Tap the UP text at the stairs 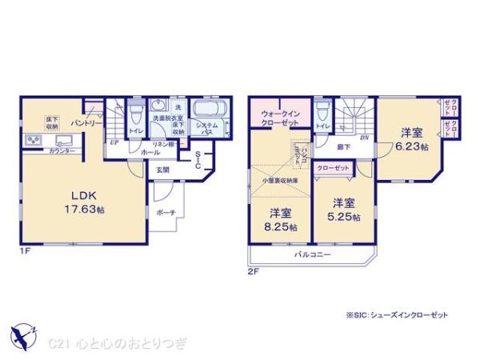tap(114, 143)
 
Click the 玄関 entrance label tap(162, 169)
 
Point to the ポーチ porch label tap(167, 212)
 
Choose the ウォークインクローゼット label tap(279, 118)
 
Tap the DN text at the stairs tap(364, 138)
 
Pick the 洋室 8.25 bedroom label tap(280, 220)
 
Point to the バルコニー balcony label tap(306, 254)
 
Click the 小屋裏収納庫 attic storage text tap(280, 182)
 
